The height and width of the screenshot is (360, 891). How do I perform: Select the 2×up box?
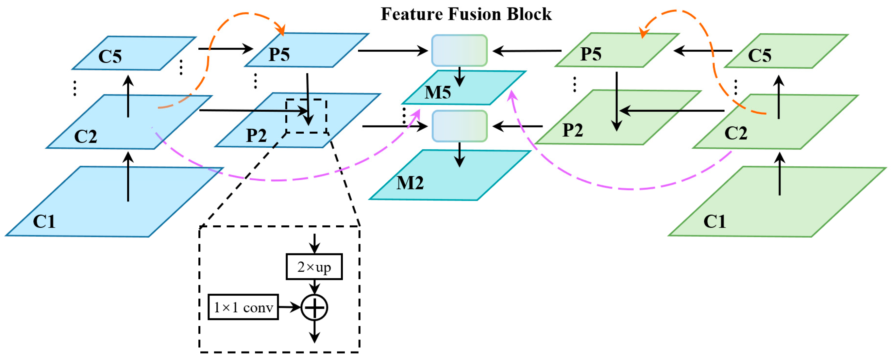tap(314, 267)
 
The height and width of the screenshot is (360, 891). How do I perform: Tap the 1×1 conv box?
tap(243, 307)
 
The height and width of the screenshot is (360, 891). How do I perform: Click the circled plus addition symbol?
tap(314, 307)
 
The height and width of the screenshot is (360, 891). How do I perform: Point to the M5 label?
tap(438, 93)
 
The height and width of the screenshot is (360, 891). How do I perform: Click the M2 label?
tap(410, 183)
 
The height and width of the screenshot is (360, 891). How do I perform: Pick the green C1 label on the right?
tap(714, 221)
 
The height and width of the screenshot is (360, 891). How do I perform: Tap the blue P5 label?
tap(279, 55)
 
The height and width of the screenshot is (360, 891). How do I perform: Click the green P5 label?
tap(591, 54)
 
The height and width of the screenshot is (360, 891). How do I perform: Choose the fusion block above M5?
tap(459, 51)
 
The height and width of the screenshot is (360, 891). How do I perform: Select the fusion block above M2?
tap(459, 126)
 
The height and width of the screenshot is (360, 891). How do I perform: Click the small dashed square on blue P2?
tap(306, 116)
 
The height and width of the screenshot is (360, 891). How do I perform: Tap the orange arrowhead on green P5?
tap(643, 33)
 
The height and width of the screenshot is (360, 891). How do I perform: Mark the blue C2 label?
tap(85, 136)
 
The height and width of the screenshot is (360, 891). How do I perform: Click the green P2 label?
tap(573, 130)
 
